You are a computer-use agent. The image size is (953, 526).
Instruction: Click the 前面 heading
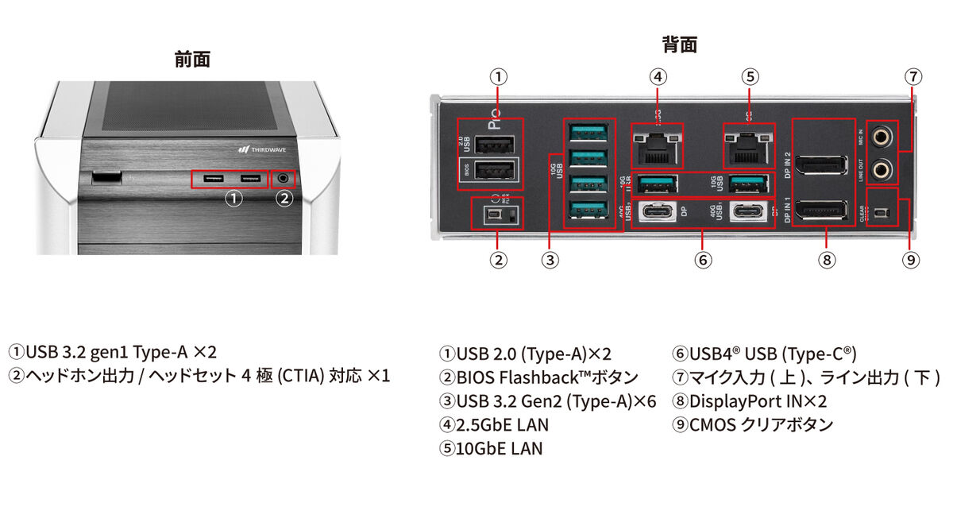point(192,60)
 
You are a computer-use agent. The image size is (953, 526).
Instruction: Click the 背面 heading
point(679,44)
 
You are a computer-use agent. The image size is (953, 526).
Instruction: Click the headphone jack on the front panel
point(284,179)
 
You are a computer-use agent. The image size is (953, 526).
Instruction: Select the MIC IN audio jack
point(881,137)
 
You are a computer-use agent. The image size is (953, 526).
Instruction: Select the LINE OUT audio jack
point(881,168)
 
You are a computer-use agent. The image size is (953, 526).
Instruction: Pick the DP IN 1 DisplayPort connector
point(824,211)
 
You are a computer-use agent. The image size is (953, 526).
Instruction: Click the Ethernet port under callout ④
point(656,145)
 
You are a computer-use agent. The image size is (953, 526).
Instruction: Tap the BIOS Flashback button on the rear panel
point(493,215)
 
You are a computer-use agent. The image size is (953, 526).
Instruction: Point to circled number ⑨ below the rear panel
point(912,259)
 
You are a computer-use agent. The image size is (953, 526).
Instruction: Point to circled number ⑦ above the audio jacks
point(913,77)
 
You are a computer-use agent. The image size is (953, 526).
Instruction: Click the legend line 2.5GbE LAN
point(493,425)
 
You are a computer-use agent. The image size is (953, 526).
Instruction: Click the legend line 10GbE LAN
point(491,449)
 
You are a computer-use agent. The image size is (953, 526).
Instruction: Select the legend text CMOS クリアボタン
point(753,425)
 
